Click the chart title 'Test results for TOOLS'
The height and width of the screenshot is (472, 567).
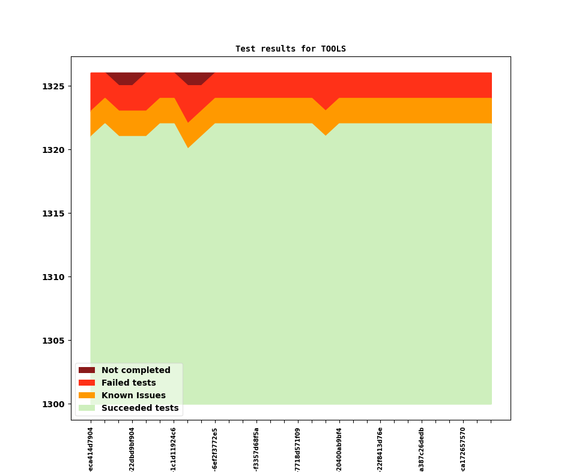click(x=290, y=49)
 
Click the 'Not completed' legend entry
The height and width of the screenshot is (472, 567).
click(x=135, y=371)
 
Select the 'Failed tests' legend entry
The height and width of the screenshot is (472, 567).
click(x=128, y=383)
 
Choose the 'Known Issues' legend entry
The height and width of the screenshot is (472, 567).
click(x=133, y=396)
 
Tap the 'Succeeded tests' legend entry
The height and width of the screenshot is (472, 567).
click(x=139, y=408)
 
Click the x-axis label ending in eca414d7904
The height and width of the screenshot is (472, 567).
click(x=91, y=449)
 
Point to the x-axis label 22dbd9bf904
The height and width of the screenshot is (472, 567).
click(x=132, y=449)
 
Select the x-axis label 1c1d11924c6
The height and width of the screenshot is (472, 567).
click(x=174, y=449)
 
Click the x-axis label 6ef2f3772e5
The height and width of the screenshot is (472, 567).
click(x=215, y=449)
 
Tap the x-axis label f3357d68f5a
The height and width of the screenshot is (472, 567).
click(x=256, y=449)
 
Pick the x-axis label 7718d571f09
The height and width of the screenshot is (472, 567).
click(x=298, y=449)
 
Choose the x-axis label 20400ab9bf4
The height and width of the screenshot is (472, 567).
click(x=339, y=449)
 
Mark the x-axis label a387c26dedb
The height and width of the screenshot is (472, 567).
click(x=422, y=449)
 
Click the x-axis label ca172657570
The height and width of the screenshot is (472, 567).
click(x=463, y=449)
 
